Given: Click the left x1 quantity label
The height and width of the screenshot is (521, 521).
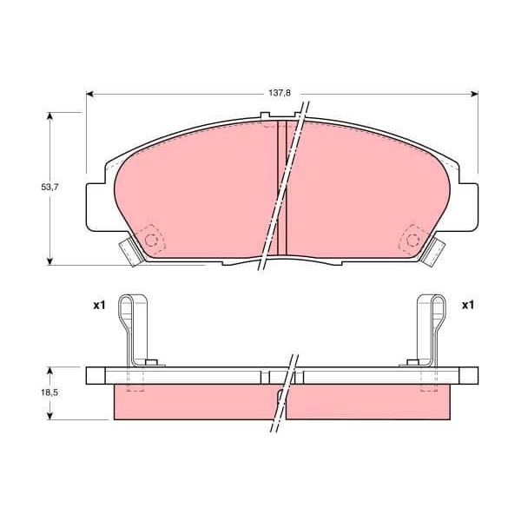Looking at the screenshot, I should click(x=99, y=306).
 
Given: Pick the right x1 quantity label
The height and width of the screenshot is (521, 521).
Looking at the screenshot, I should click(x=467, y=306).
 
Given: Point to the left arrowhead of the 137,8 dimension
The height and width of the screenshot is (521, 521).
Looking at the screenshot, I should click(x=90, y=94).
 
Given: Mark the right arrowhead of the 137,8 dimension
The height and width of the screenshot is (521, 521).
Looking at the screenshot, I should click(x=474, y=94).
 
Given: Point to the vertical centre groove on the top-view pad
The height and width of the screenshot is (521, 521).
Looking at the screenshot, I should click(x=281, y=187).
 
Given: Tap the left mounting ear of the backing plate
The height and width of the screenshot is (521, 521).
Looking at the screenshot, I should click(x=97, y=208).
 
